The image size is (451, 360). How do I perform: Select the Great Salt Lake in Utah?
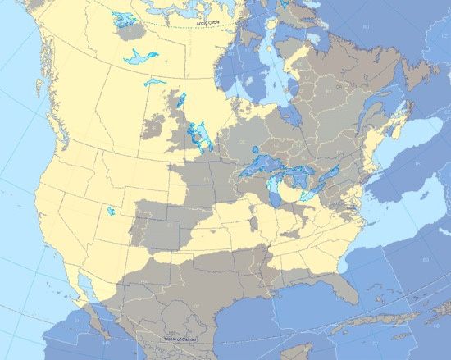pos(111,211)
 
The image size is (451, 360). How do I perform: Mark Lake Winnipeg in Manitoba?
pos(196,131)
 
